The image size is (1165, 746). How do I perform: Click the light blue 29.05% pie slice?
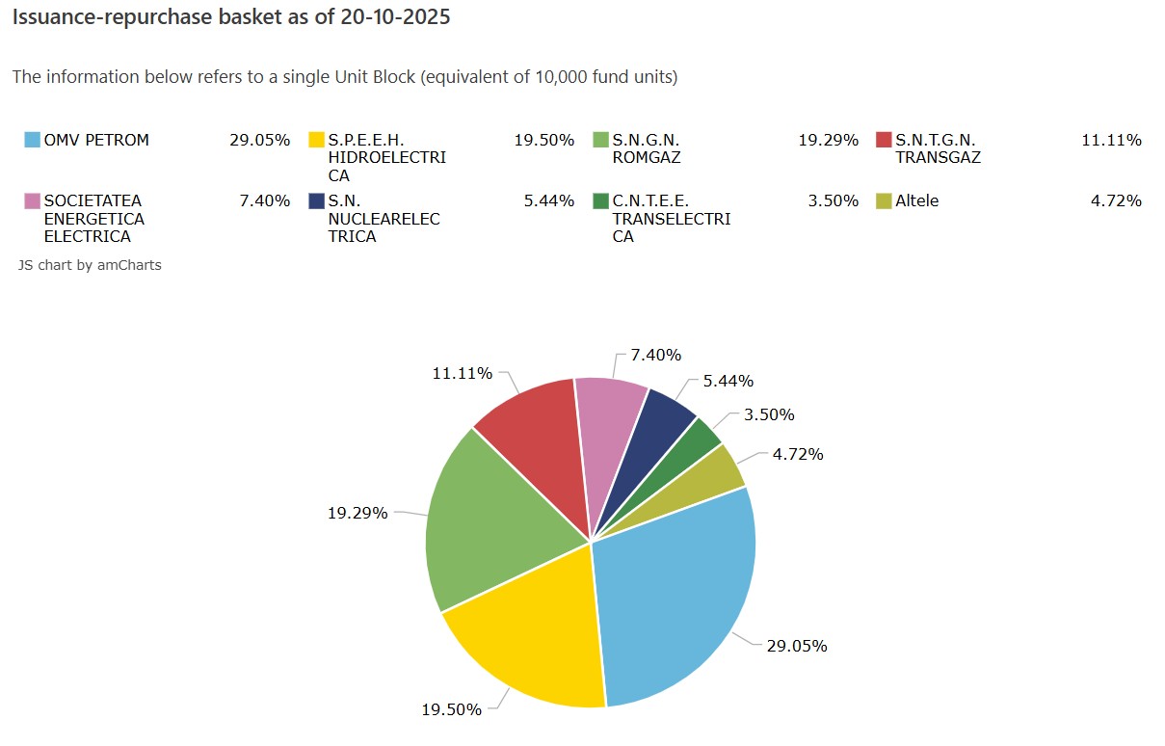675,598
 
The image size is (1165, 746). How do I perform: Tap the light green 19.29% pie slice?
491,530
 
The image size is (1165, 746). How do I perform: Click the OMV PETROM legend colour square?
32,140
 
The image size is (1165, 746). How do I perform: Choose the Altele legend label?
917,200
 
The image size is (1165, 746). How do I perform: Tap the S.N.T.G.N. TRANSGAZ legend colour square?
884,140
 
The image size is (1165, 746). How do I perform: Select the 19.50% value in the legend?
544,140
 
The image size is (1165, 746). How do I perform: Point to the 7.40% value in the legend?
264,200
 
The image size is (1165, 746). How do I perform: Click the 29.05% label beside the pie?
796,646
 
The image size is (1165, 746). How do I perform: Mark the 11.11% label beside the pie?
463,373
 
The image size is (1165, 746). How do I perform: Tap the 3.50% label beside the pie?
769,414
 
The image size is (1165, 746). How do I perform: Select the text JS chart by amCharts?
90,265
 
